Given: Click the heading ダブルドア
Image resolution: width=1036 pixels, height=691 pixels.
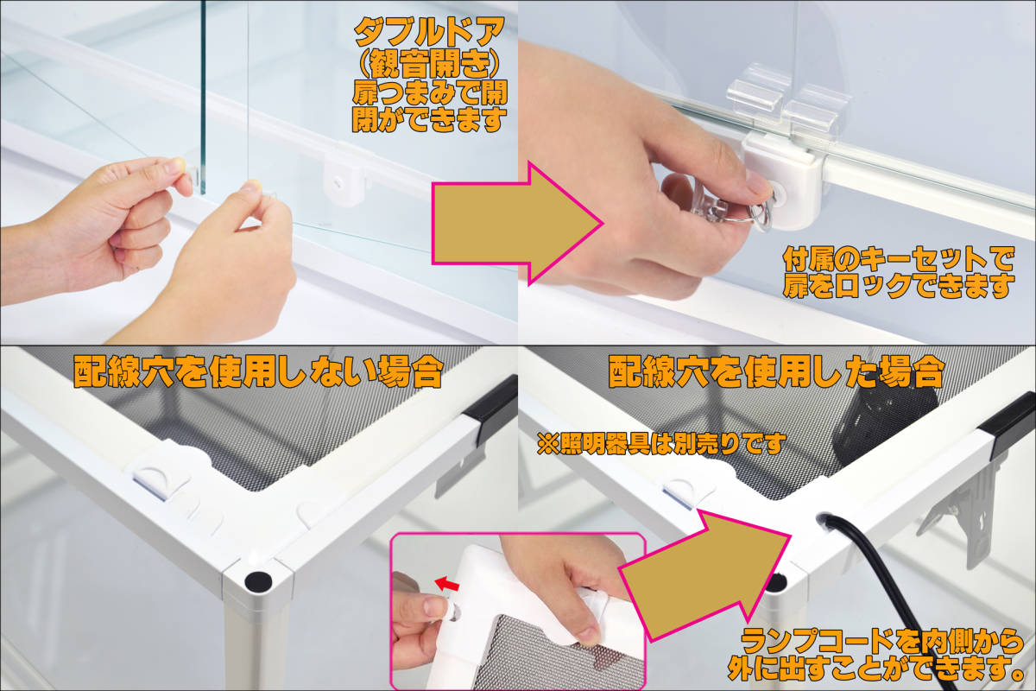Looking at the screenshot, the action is click(429, 33).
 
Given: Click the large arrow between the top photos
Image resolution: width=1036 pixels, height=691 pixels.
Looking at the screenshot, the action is click(517, 224).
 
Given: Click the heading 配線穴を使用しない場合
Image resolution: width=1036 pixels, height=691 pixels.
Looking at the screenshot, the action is click(258, 371).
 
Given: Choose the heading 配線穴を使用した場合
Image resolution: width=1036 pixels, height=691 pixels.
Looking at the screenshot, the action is click(775, 371).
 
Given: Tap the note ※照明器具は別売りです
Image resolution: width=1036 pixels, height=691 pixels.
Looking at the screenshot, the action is click(661, 444).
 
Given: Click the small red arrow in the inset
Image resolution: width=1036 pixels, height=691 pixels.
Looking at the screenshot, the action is click(448, 584).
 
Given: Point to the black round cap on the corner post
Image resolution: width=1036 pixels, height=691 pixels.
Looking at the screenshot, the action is click(258, 582).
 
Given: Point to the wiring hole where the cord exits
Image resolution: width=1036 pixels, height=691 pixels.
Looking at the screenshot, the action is click(824, 518).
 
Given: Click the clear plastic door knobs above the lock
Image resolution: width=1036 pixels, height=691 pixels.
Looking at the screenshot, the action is click(787, 103).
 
